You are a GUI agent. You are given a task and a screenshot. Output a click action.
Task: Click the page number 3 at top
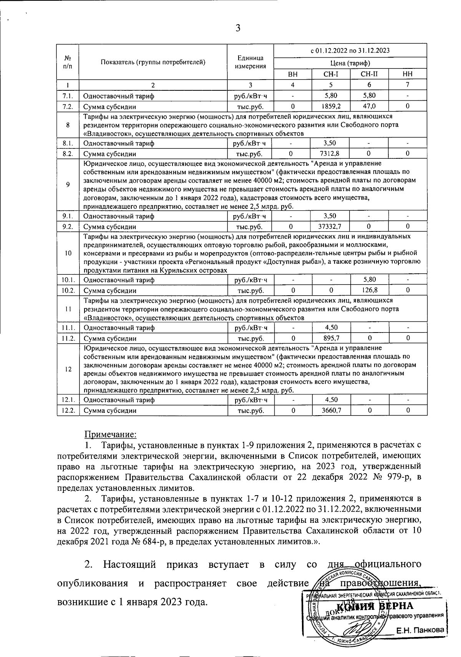[238, 28]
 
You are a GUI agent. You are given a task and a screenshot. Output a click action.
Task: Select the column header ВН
[293, 74]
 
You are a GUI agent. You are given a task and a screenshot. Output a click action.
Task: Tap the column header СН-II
[369, 74]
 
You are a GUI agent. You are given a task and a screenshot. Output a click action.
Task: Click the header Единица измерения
[250, 62]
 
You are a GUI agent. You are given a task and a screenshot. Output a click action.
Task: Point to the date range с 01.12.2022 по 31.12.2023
[350, 50]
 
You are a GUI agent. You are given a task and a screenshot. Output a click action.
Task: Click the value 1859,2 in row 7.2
[331, 106]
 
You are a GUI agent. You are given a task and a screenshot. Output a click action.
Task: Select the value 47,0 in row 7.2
[369, 106]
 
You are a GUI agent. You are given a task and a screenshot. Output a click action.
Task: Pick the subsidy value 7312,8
[331, 154]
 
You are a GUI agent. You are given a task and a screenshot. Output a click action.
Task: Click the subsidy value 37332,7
[331, 226]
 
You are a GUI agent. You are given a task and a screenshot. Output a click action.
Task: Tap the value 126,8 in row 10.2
[369, 290]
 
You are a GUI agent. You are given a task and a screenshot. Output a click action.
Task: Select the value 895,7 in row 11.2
[331, 338]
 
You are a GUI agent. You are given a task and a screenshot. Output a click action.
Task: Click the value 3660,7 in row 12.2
[331, 410]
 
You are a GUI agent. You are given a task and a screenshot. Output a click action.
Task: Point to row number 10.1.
[68, 280]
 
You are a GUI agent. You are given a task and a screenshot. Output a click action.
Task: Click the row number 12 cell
[68, 369]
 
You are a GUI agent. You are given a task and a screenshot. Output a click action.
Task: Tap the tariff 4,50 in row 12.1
[331, 400]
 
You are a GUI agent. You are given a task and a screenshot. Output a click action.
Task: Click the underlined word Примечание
[110, 434]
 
